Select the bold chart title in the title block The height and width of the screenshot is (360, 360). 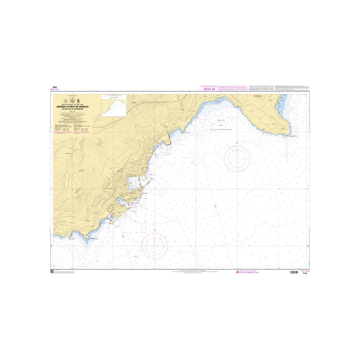[x=73, y=107]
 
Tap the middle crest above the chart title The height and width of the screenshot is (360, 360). [x=73, y=100]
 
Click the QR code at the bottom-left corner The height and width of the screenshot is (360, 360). [x=52, y=272]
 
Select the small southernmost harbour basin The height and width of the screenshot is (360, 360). [x=111, y=218]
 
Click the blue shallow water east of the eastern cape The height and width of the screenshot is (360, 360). [x=281, y=108]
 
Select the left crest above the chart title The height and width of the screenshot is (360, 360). [x=66, y=100]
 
